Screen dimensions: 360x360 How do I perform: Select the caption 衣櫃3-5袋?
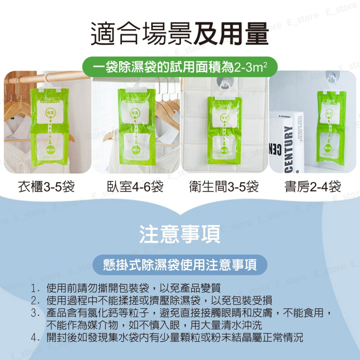point(46,186)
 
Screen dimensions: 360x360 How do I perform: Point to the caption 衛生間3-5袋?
point(224,186)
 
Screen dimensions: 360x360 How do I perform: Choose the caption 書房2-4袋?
point(312,186)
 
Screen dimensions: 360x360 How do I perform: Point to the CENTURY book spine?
point(288,148)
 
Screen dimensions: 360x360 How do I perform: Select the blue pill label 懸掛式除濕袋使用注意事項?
point(180,265)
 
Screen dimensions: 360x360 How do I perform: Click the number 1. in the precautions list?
point(35,288)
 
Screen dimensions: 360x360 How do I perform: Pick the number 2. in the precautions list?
point(35,301)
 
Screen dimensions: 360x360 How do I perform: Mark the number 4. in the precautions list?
point(35,337)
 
